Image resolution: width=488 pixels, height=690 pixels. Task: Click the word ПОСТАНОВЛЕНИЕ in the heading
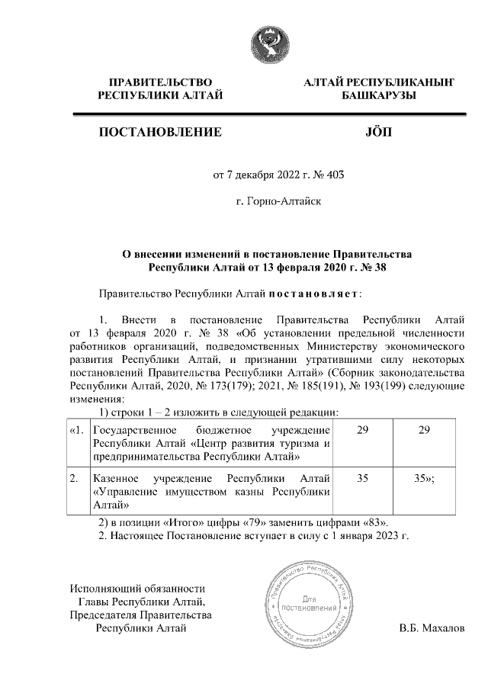point(160,132)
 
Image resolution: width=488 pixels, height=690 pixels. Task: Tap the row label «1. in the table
point(76,431)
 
